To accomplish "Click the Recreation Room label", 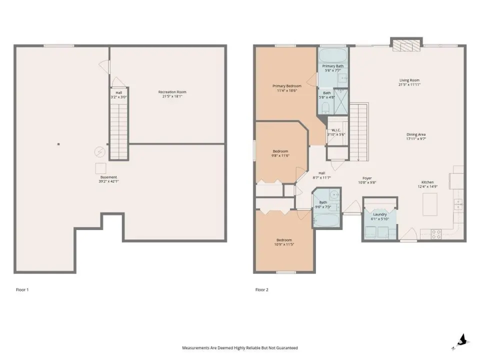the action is click(172, 92).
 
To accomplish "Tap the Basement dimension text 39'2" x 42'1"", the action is click(108, 181).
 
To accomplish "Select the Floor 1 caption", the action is click(22, 289).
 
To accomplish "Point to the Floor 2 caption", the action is click(261, 289).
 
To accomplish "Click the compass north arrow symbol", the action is click(462, 341).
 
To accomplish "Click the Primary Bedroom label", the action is click(287, 86).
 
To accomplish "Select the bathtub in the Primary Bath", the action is click(333, 55).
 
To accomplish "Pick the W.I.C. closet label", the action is click(336, 130).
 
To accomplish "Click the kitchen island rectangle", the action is click(430, 204).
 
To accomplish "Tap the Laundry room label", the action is click(380, 214).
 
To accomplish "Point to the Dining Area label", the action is click(416, 134).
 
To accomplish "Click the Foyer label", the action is click(367, 178).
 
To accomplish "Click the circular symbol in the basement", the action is click(99, 151).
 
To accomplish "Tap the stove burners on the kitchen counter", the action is click(436, 234).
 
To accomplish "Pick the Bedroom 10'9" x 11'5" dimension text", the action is click(284, 244).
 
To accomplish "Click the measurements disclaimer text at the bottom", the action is click(240, 348).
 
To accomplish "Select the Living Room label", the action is click(409, 80).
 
